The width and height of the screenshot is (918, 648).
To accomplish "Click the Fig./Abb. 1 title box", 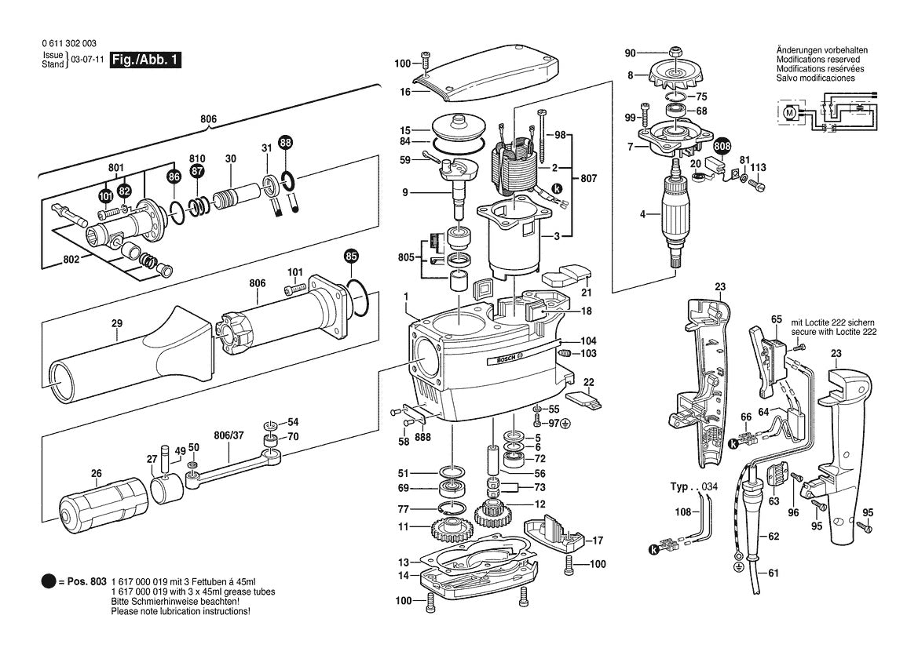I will pos(145,60).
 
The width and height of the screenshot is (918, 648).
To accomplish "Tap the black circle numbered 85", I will pos(352,256).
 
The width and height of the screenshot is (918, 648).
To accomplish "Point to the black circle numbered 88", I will pos(285,142).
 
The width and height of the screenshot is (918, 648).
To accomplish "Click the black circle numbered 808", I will pos(721,146).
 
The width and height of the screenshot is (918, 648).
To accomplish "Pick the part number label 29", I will pos(117,324).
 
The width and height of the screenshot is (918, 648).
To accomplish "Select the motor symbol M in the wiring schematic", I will pos(790,113).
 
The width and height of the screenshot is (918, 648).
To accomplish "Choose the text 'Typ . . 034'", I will pos(693,487).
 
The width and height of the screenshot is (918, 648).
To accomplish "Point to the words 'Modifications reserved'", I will pos(817,60).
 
